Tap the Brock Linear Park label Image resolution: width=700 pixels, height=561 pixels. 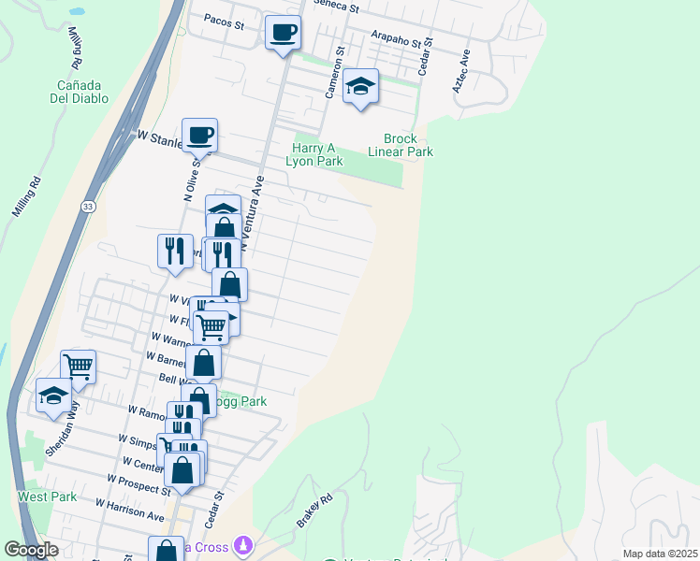coord(401,145)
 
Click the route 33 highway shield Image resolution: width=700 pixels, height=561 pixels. coord(87,207)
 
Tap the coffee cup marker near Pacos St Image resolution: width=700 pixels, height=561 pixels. coord(283,34)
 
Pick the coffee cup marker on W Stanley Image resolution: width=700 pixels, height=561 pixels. coord(199,136)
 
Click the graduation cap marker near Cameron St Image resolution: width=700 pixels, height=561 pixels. coord(360,87)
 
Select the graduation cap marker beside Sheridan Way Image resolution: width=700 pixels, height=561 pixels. coord(53,396)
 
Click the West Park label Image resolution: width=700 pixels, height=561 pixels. coord(47,496)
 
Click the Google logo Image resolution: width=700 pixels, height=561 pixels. coord(31,550)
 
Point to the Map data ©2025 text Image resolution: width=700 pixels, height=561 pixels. coord(660,554)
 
